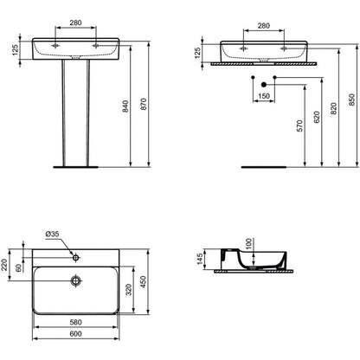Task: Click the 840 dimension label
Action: point(126,106)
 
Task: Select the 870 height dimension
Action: point(144,104)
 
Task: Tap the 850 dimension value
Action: point(352,100)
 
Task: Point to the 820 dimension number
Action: point(334,108)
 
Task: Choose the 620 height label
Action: point(317,117)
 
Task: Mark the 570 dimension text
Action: point(300,126)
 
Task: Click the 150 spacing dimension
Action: point(264,96)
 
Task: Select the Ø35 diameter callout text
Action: point(52,234)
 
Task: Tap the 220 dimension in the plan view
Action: point(4,265)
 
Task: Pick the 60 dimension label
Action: point(18,268)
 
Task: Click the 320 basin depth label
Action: point(129,290)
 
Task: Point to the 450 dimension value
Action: point(144,282)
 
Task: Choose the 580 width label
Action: point(76,322)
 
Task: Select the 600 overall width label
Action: point(76,334)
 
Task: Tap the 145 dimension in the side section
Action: point(200,260)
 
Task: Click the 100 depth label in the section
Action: point(248,244)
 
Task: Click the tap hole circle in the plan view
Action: point(76,257)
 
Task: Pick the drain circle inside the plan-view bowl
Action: point(76,280)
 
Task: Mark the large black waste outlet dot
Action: point(264,85)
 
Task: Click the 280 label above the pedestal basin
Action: point(75,22)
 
